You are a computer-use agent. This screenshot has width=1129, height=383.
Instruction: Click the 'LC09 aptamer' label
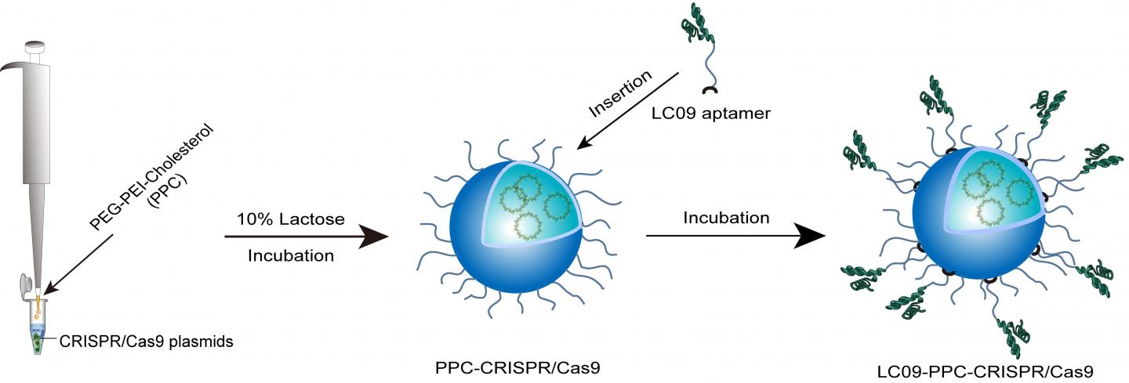click(x=711, y=114)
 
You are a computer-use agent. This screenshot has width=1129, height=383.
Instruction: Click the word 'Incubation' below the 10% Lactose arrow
click(x=291, y=255)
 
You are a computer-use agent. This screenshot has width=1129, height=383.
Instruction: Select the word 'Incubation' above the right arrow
click(x=726, y=219)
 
